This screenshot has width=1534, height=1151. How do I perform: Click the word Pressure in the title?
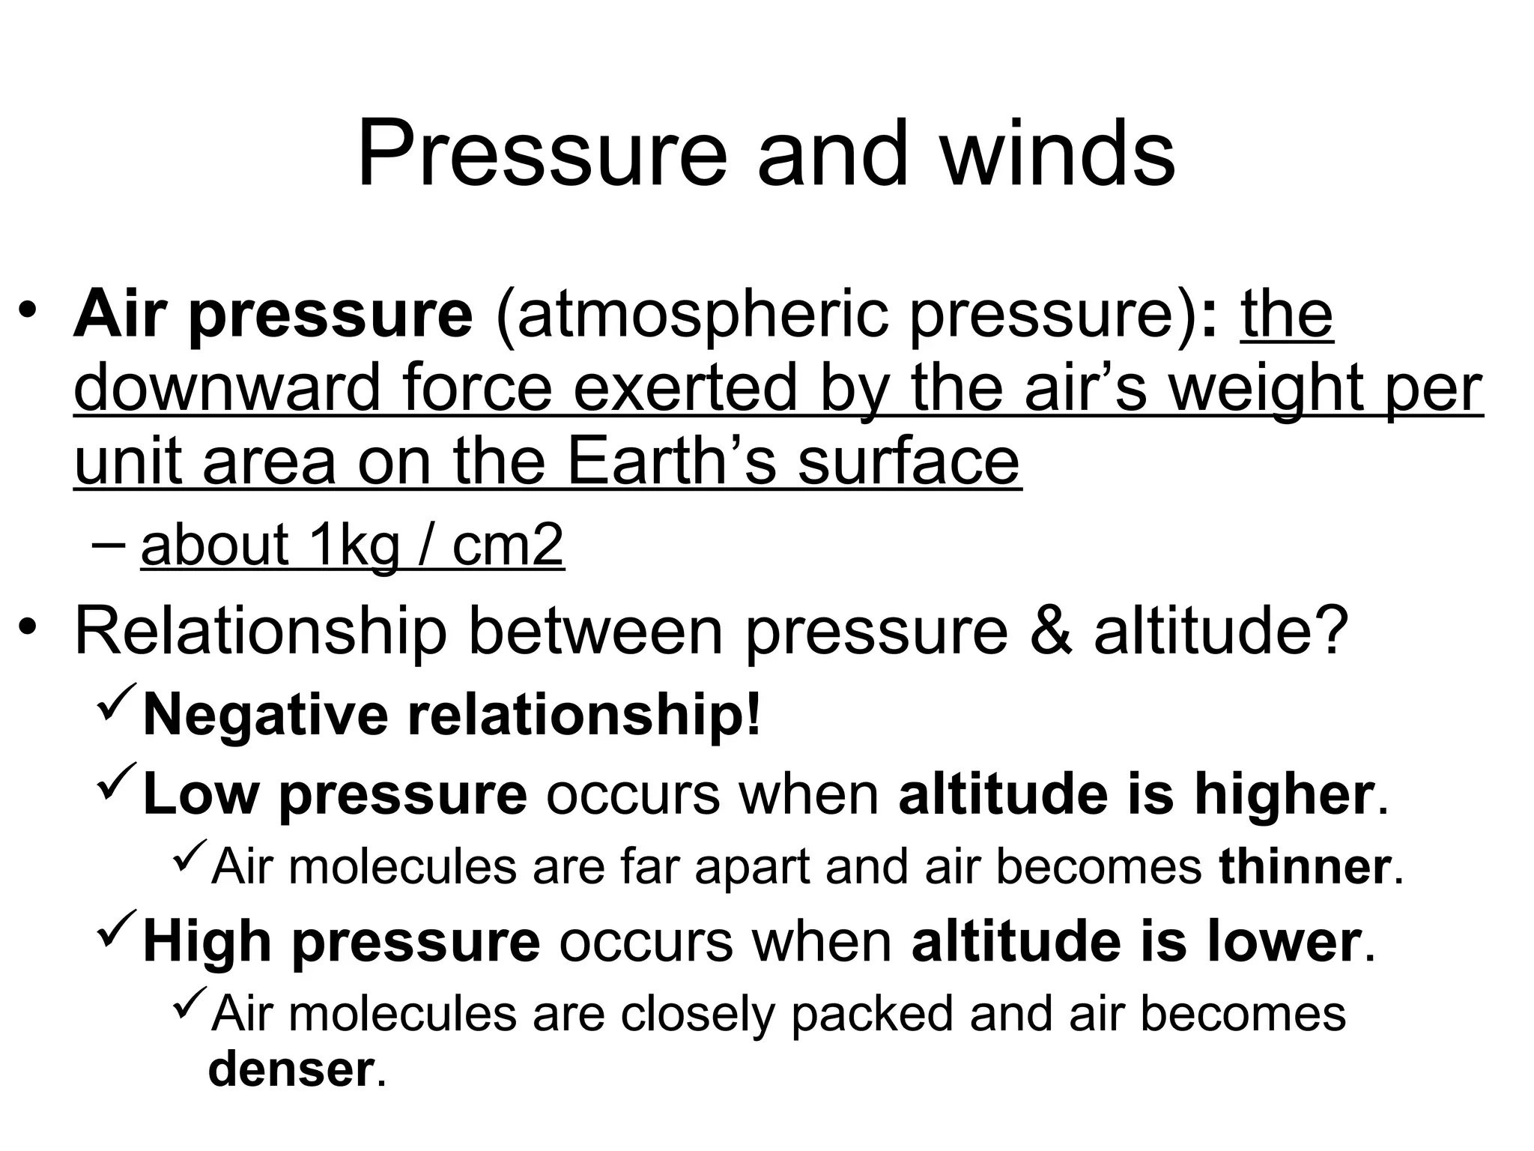542,156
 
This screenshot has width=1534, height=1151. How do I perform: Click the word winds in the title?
1057,156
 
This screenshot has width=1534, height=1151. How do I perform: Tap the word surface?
908,462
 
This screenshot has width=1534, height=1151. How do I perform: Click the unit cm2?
507,546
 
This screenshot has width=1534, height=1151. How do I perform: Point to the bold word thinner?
1304,867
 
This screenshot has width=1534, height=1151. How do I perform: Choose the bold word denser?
290,1069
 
